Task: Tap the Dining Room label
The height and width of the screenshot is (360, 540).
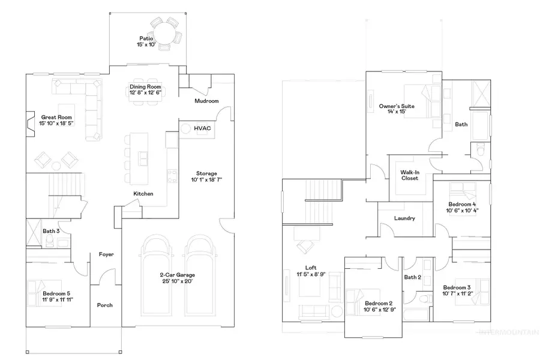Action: point(146,86)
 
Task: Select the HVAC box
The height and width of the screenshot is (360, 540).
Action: point(202,128)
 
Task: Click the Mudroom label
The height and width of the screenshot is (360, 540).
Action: point(206,101)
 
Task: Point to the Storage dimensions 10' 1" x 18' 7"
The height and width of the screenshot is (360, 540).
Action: point(203,179)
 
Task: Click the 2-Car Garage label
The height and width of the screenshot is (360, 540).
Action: point(177,275)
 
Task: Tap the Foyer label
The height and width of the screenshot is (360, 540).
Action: point(106,254)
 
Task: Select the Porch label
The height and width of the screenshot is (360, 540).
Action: point(105,305)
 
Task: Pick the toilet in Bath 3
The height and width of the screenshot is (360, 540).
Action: point(52,242)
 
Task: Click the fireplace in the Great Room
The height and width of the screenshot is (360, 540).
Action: point(29,122)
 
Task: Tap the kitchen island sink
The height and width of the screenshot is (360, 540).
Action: point(143,158)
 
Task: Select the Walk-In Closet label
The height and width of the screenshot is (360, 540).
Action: point(410,175)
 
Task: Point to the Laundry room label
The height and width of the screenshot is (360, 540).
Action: point(404,218)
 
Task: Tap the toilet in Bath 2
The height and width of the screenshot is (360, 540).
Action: point(425,298)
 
